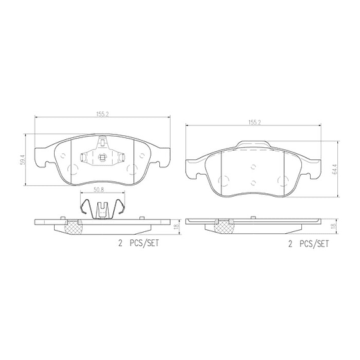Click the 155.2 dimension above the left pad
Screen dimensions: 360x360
point(102,115)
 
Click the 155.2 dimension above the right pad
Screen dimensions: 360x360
point(255,123)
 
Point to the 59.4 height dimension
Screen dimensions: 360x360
point(22,159)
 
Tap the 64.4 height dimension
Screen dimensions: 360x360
point(334,169)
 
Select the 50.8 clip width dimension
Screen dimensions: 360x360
point(99,190)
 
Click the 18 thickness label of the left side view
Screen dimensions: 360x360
point(176,227)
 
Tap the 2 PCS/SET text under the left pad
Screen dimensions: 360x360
point(139,243)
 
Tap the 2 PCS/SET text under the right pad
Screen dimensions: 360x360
point(309,244)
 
